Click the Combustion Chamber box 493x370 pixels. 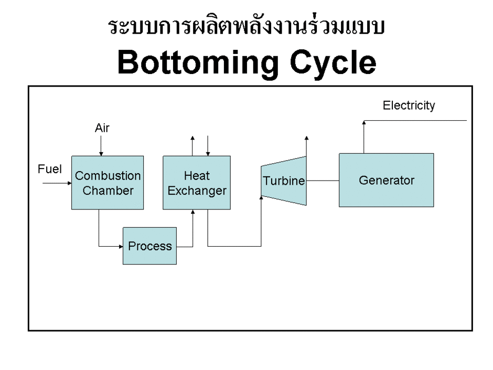100,183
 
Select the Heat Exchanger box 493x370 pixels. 197,183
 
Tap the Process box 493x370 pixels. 150,246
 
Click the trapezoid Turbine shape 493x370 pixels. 284,181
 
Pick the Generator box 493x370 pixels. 386,180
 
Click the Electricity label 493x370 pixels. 409,105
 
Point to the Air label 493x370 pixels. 102,128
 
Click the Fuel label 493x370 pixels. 50,169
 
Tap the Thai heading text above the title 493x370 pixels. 246,28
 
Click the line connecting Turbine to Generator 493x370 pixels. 323,181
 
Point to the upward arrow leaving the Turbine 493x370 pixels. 306,147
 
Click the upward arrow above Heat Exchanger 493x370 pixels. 192,145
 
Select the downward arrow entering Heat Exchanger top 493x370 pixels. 208,146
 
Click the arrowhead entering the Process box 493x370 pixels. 120,246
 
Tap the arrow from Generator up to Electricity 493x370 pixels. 363,136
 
